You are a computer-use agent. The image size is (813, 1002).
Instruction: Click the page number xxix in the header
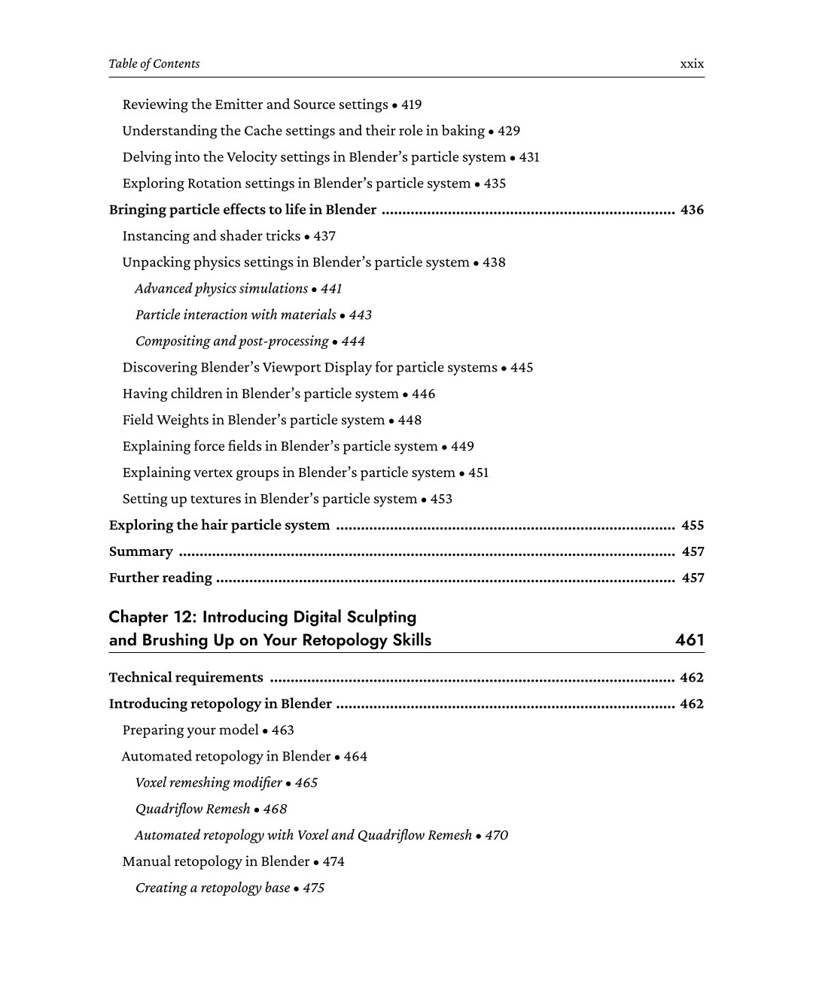pos(692,64)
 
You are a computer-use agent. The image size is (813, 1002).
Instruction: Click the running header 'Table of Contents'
pos(154,64)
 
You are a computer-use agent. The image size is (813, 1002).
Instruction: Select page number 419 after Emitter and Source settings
pos(411,105)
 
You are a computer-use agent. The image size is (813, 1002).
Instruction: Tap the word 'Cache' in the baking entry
pos(263,131)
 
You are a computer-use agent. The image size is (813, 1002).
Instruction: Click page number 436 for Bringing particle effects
pos(692,210)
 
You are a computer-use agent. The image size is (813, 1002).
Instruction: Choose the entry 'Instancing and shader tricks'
pos(212,236)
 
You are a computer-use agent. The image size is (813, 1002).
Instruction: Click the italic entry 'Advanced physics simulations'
pos(221,289)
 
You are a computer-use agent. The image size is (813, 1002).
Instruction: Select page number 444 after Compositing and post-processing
pos(353,342)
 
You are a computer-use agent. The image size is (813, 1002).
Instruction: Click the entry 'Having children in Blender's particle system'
pos(260,394)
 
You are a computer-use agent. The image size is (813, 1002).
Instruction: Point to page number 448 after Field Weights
pos(410,421)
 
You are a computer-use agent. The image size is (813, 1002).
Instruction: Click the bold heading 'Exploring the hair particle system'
pos(219,526)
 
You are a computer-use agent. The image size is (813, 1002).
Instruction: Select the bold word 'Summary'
pos(141,552)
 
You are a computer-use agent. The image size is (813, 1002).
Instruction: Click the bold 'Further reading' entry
pos(160,578)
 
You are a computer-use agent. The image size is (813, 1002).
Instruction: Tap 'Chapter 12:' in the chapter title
pos(153,618)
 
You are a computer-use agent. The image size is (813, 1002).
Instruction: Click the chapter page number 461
pos(690,640)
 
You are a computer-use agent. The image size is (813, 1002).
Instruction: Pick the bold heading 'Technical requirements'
pos(186,678)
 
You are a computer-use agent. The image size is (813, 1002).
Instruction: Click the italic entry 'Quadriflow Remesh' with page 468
pos(193,809)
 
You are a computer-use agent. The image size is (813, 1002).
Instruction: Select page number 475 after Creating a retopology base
pos(313,888)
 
